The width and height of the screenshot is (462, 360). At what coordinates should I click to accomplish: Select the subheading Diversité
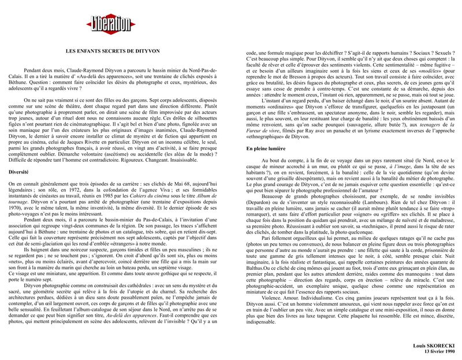pyautogui.click(x=20, y=172)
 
